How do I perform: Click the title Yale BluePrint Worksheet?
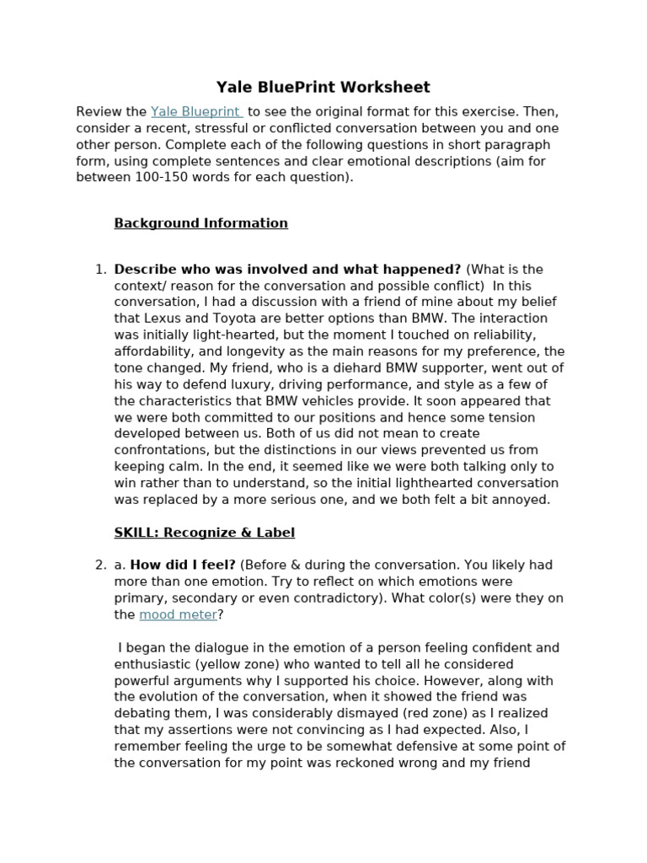point(323,87)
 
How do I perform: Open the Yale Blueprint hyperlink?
point(195,112)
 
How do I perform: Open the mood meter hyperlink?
point(178,615)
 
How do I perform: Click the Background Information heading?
point(201,223)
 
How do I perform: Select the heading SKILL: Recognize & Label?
point(204,533)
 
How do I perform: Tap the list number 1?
point(100,270)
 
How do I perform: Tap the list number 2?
point(100,566)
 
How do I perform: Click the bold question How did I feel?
point(183,566)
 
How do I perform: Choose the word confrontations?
point(159,450)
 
